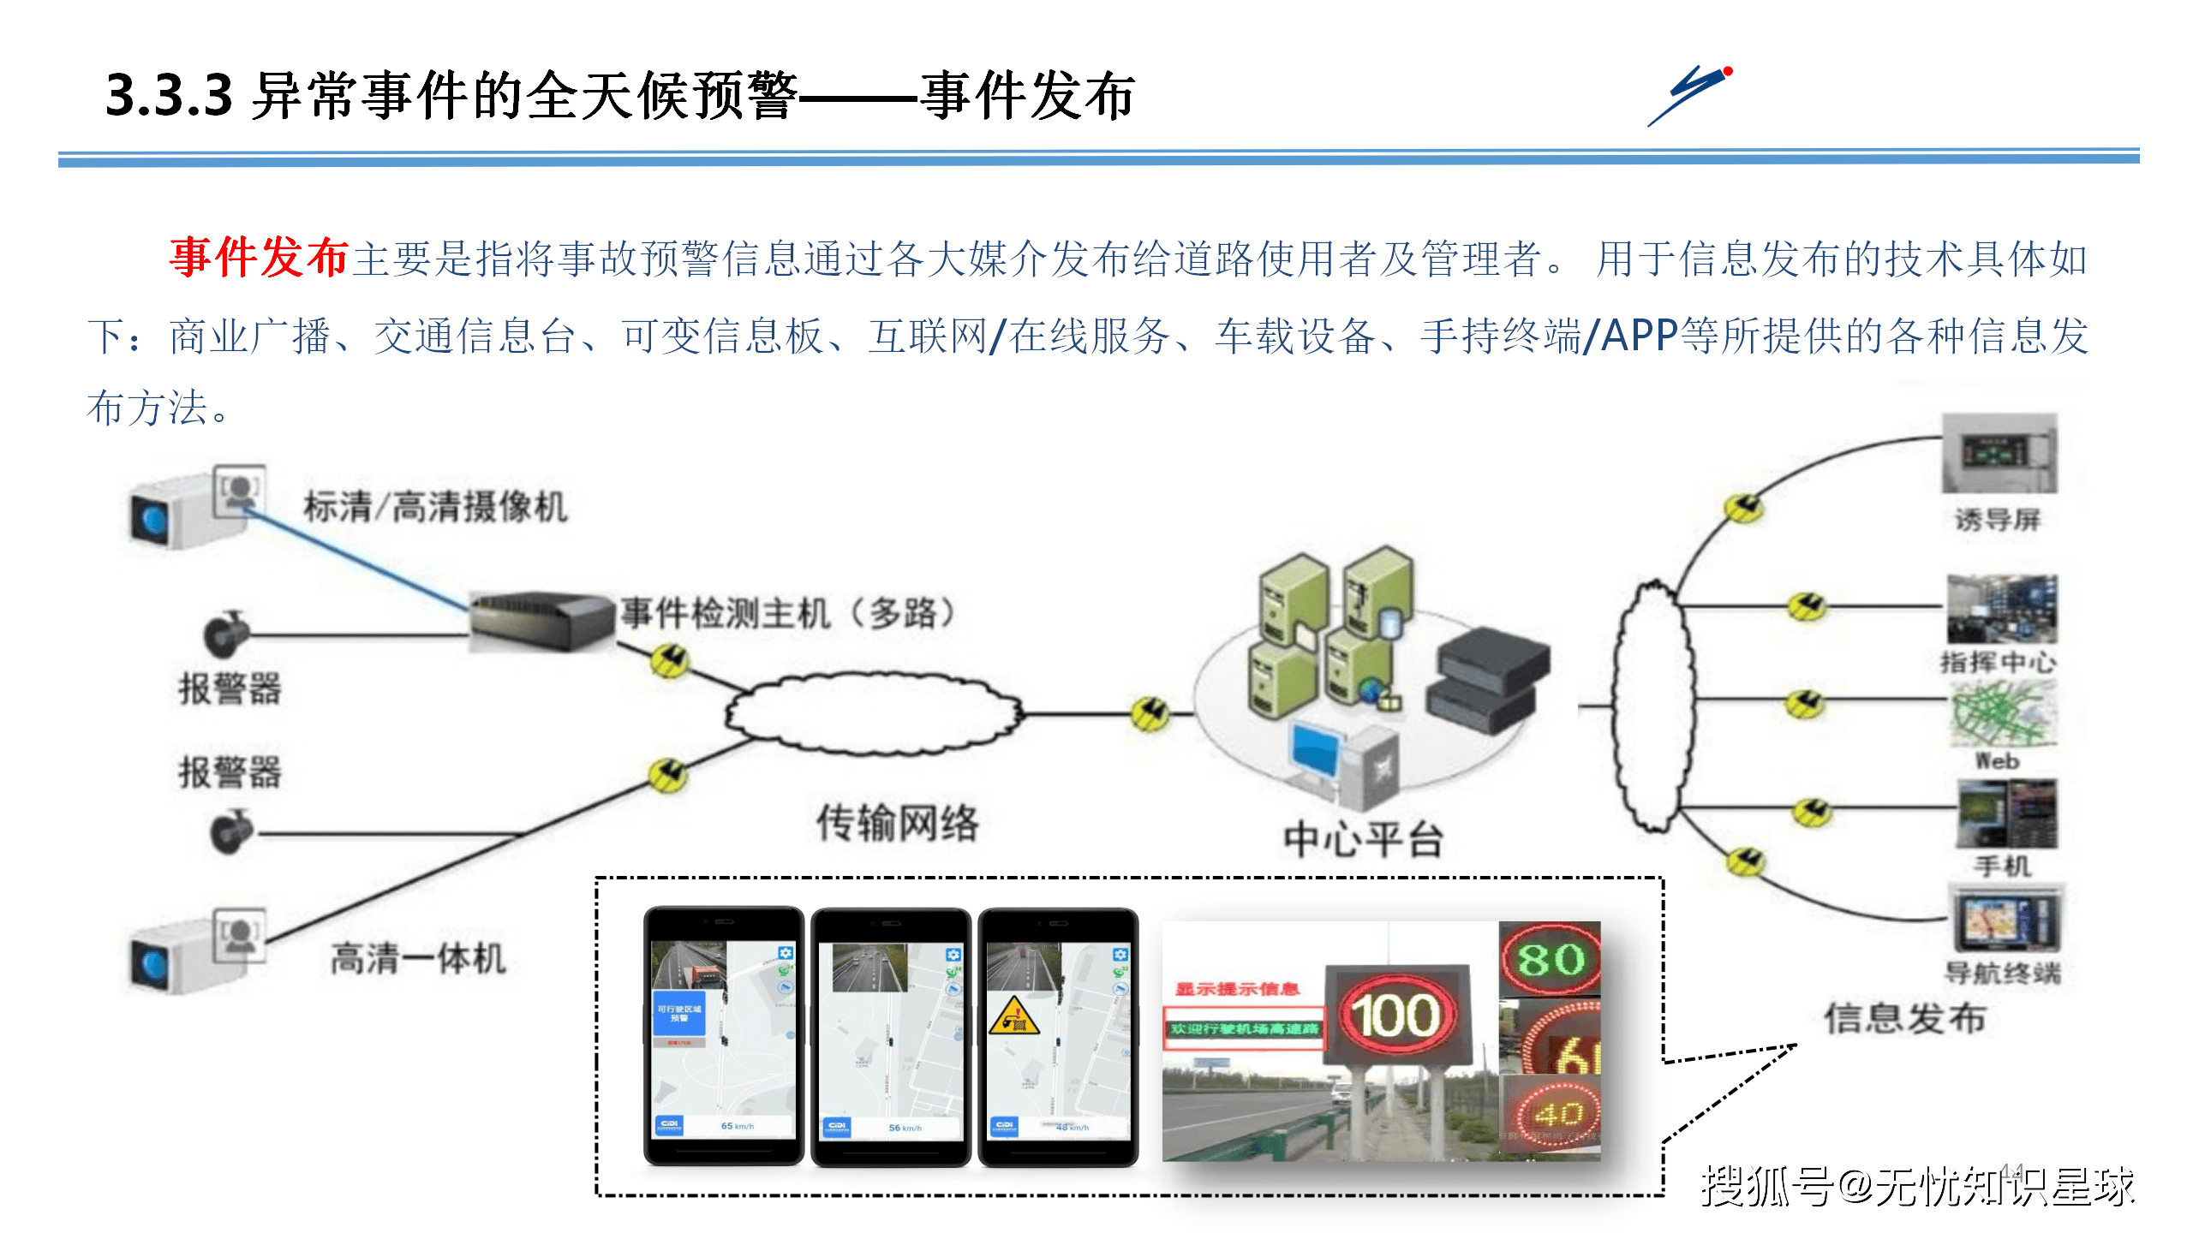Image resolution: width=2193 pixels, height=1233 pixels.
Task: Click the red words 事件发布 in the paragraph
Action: (259, 257)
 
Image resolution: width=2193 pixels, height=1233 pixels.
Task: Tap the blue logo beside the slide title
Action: (1690, 95)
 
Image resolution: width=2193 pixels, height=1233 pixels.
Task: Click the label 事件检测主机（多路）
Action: (787, 613)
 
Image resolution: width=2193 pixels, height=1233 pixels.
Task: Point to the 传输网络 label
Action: (897, 824)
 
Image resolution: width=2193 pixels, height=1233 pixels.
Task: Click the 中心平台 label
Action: (1363, 839)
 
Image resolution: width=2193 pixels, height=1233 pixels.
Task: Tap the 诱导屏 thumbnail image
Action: (1999, 454)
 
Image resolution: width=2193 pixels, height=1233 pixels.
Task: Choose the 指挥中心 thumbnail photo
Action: (2001, 610)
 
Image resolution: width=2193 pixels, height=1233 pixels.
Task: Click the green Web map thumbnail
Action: (2001, 714)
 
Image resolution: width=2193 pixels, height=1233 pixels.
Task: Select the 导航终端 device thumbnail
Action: (2005, 920)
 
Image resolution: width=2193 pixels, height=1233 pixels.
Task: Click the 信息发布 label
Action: (1904, 1019)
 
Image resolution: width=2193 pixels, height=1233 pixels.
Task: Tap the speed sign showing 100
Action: (1396, 1016)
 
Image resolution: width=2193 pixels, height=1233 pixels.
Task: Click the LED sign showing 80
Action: (1550, 959)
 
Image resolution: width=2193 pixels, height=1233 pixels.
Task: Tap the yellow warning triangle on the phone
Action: (1013, 1016)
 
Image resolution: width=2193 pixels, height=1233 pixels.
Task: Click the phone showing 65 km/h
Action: (724, 1036)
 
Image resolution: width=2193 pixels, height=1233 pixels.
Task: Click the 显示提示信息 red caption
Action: (1236, 990)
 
